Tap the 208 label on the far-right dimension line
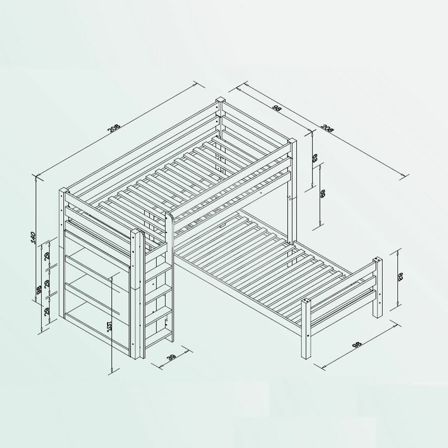327,129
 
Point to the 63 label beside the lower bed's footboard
400,276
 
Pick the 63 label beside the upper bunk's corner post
314,157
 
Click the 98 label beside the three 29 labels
37,290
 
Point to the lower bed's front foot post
306,329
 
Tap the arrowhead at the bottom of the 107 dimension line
112,371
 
